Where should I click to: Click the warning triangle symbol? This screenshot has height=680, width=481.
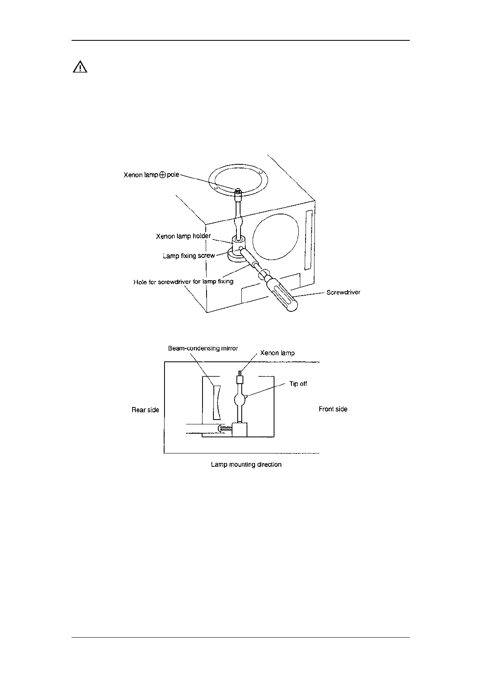click(x=80, y=67)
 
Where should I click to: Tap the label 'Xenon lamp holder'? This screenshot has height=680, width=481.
click(x=183, y=236)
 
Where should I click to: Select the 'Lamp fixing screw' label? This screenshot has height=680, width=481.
click(x=188, y=256)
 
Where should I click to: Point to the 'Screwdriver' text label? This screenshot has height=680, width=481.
click(x=343, y=292)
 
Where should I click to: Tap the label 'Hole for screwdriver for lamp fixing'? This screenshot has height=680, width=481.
click(x=183, y=281)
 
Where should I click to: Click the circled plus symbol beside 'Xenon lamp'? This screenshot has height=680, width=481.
click(x=162, y=175)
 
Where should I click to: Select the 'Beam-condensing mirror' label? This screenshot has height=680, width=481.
click(x=203, y=348)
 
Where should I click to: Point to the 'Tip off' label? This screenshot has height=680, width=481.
click(x=298, y=384)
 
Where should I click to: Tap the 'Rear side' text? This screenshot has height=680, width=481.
click(x=145, y=410)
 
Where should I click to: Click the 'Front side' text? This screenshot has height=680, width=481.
click(x=333, y=409)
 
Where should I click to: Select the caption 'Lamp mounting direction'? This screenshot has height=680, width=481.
click(x=246, y=464)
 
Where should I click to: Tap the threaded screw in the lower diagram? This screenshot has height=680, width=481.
click(x=224, y=428)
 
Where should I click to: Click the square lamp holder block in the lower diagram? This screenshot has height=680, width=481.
click(x=240, y=429)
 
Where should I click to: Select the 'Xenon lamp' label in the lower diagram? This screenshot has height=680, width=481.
click(x=277, y=353)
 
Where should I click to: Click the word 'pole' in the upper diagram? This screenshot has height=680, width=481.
click(x=173, y=175)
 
